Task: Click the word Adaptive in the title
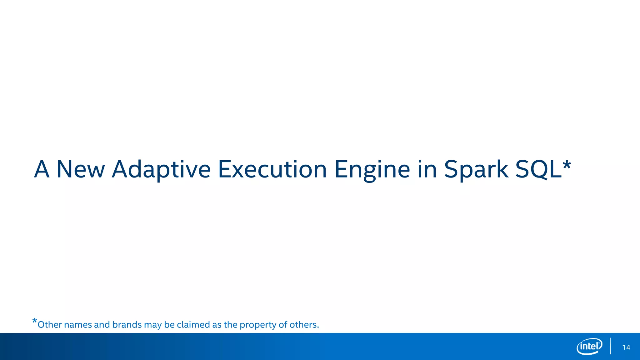coord(161,170)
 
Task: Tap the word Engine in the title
coord(372,170)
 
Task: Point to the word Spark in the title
coord(476,170)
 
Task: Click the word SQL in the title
coord(538,170)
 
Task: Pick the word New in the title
coord(80,170)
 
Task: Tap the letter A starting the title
coord(42,170)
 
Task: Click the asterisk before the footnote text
coord(35,321)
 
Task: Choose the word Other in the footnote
coord(49,325)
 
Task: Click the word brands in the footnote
coord(127,325)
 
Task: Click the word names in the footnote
coord(78,325)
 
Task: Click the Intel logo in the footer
coord(589,347)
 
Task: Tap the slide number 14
coord(626,347)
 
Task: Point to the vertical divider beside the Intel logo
coord(610,346)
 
